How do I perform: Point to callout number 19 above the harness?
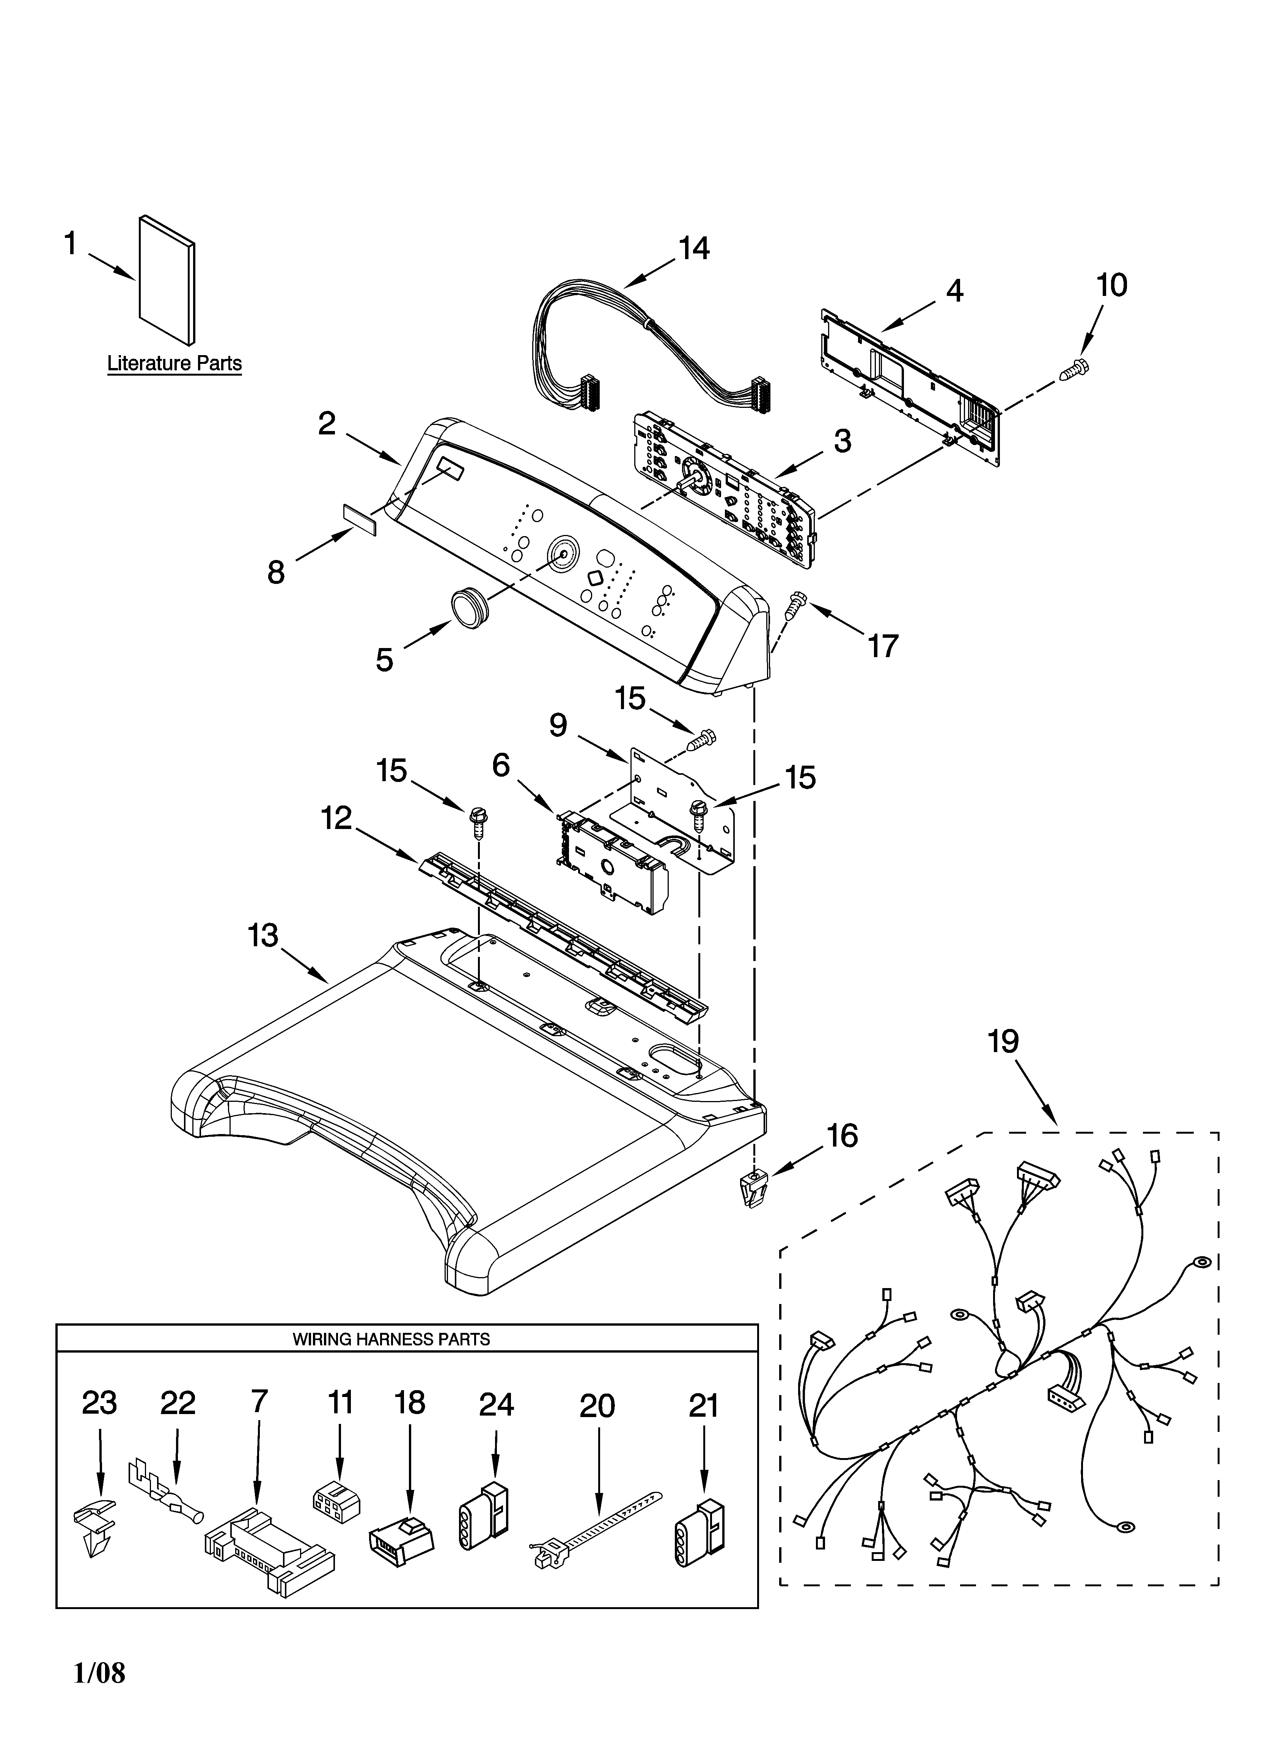pyautogui.click(x=1003, y=1042)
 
